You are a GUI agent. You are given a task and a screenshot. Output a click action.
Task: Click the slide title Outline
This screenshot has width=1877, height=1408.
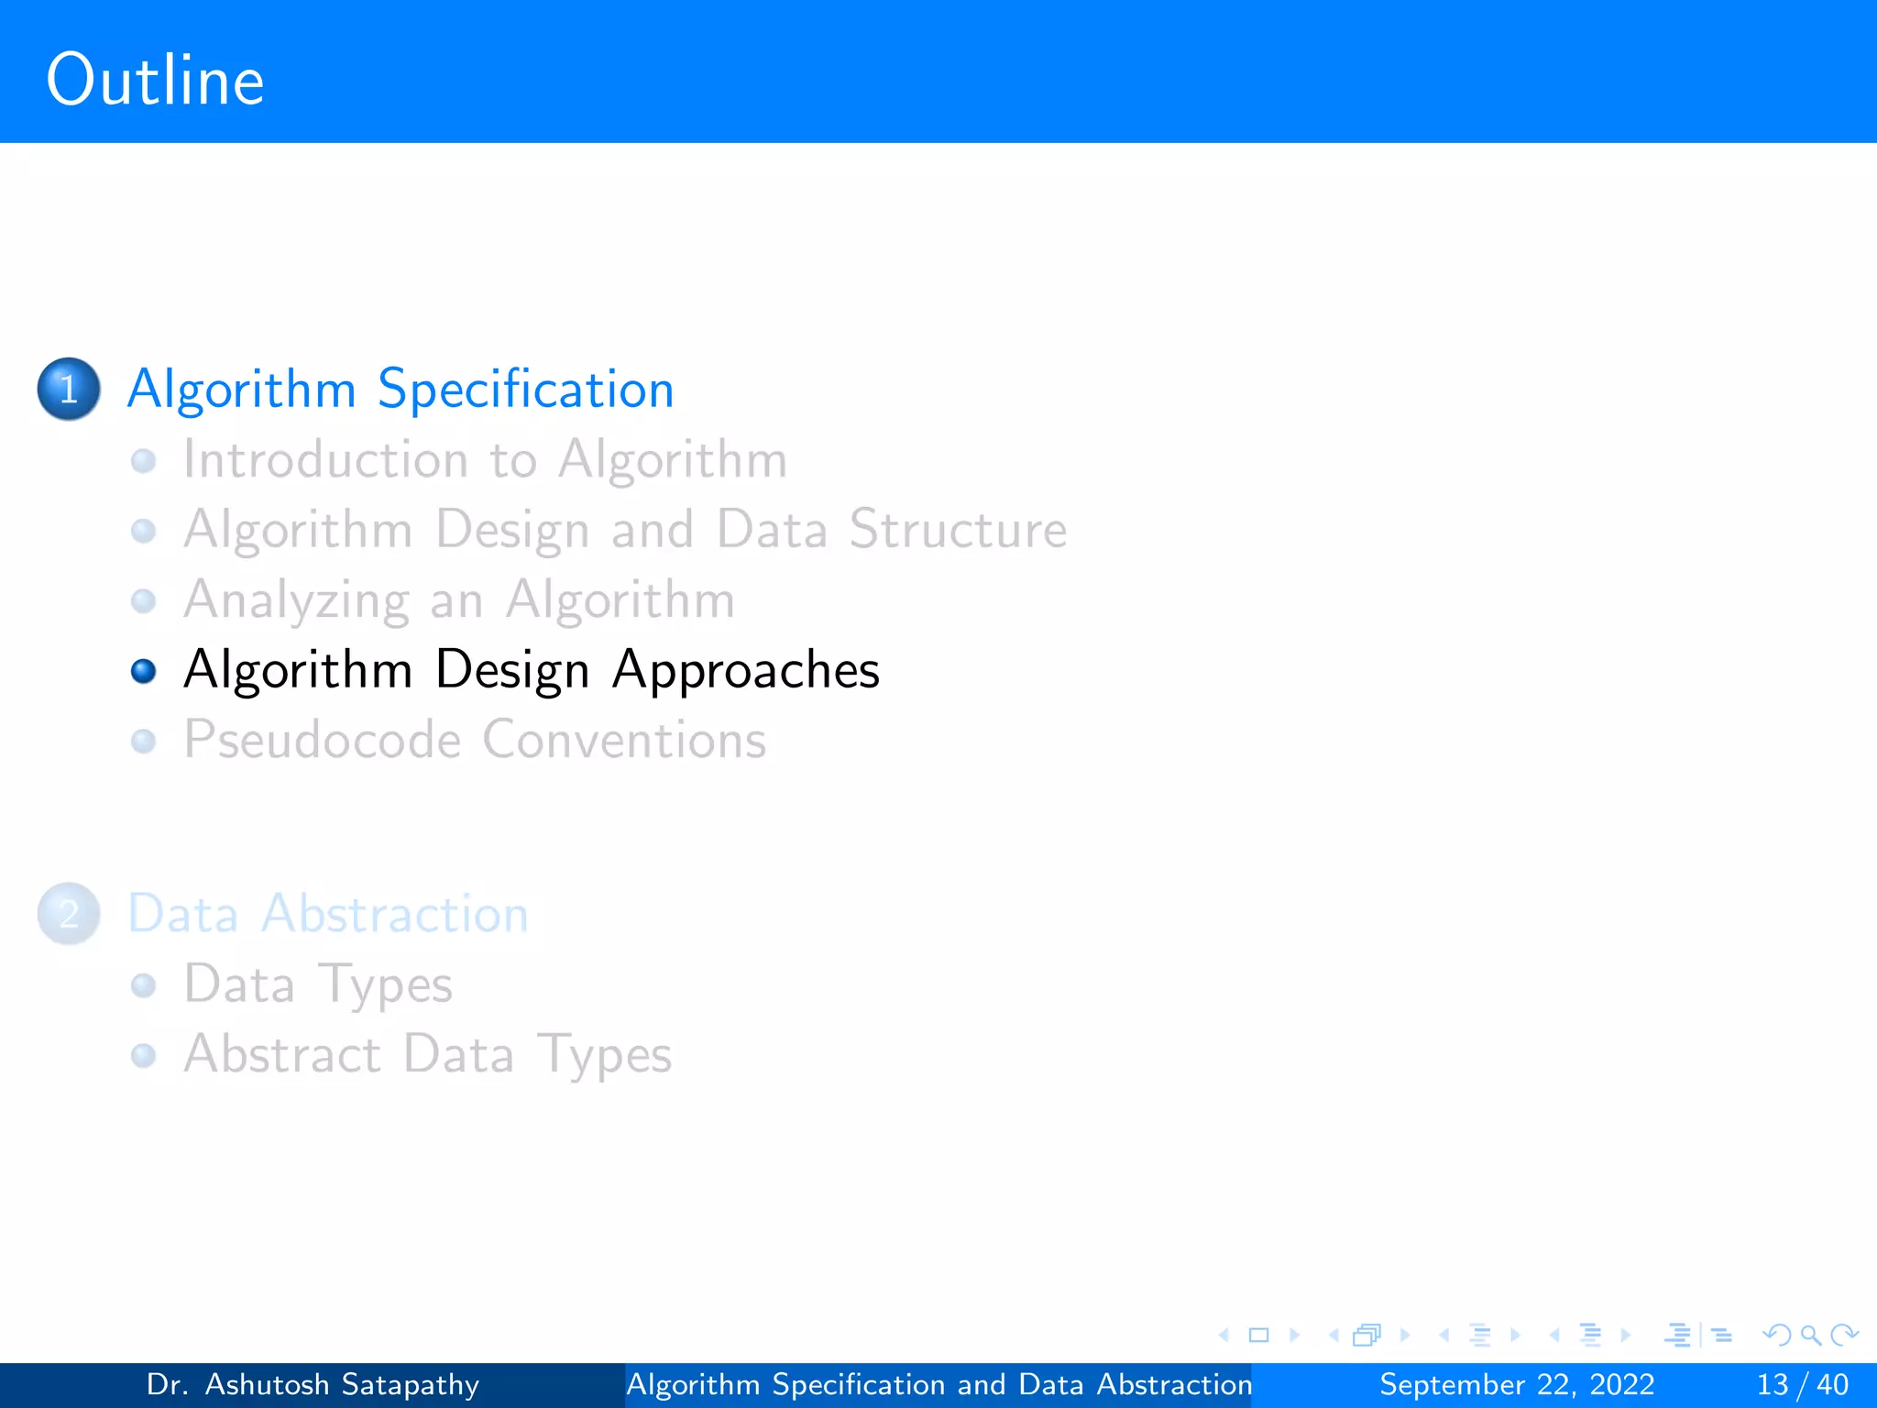pos(155,81)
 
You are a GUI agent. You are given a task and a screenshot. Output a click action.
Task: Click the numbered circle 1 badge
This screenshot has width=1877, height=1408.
pos(69,389)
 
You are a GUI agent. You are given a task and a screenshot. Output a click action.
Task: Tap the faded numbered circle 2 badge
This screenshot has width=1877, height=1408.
pos(69,914)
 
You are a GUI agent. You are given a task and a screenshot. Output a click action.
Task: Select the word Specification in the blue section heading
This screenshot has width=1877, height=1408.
pos(525,390)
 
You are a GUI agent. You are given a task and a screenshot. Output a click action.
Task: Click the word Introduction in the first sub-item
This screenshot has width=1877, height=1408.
pos(325,459)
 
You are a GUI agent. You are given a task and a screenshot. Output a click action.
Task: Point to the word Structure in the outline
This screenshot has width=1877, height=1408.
pos(958,530)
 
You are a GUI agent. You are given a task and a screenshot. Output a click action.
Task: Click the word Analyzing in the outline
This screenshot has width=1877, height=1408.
pos(296,600)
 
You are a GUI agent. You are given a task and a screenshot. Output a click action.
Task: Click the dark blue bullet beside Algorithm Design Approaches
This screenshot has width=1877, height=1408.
pos(144,672)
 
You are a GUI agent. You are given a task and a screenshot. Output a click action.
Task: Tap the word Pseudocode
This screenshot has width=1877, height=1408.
pos(322,741)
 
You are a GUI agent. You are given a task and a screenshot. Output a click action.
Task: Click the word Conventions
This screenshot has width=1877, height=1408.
pos(624,740)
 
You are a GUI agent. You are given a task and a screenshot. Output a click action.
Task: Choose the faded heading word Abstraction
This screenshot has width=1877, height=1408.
pos(394,914)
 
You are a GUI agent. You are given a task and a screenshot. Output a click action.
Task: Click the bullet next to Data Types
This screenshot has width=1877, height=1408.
pos(144,985)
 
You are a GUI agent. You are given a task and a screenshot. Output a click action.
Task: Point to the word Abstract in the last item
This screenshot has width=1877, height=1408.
pos(281,1054)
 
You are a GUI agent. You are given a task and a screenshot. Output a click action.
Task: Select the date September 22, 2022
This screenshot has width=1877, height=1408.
pos(1517,1384)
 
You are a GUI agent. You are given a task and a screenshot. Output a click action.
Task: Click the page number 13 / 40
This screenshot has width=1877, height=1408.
pos(1802,1384)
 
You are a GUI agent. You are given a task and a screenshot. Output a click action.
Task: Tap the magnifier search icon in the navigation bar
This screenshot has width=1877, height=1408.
pos(1810,1335)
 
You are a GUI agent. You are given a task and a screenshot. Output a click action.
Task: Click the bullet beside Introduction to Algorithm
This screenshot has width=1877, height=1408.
pos(144,460)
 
